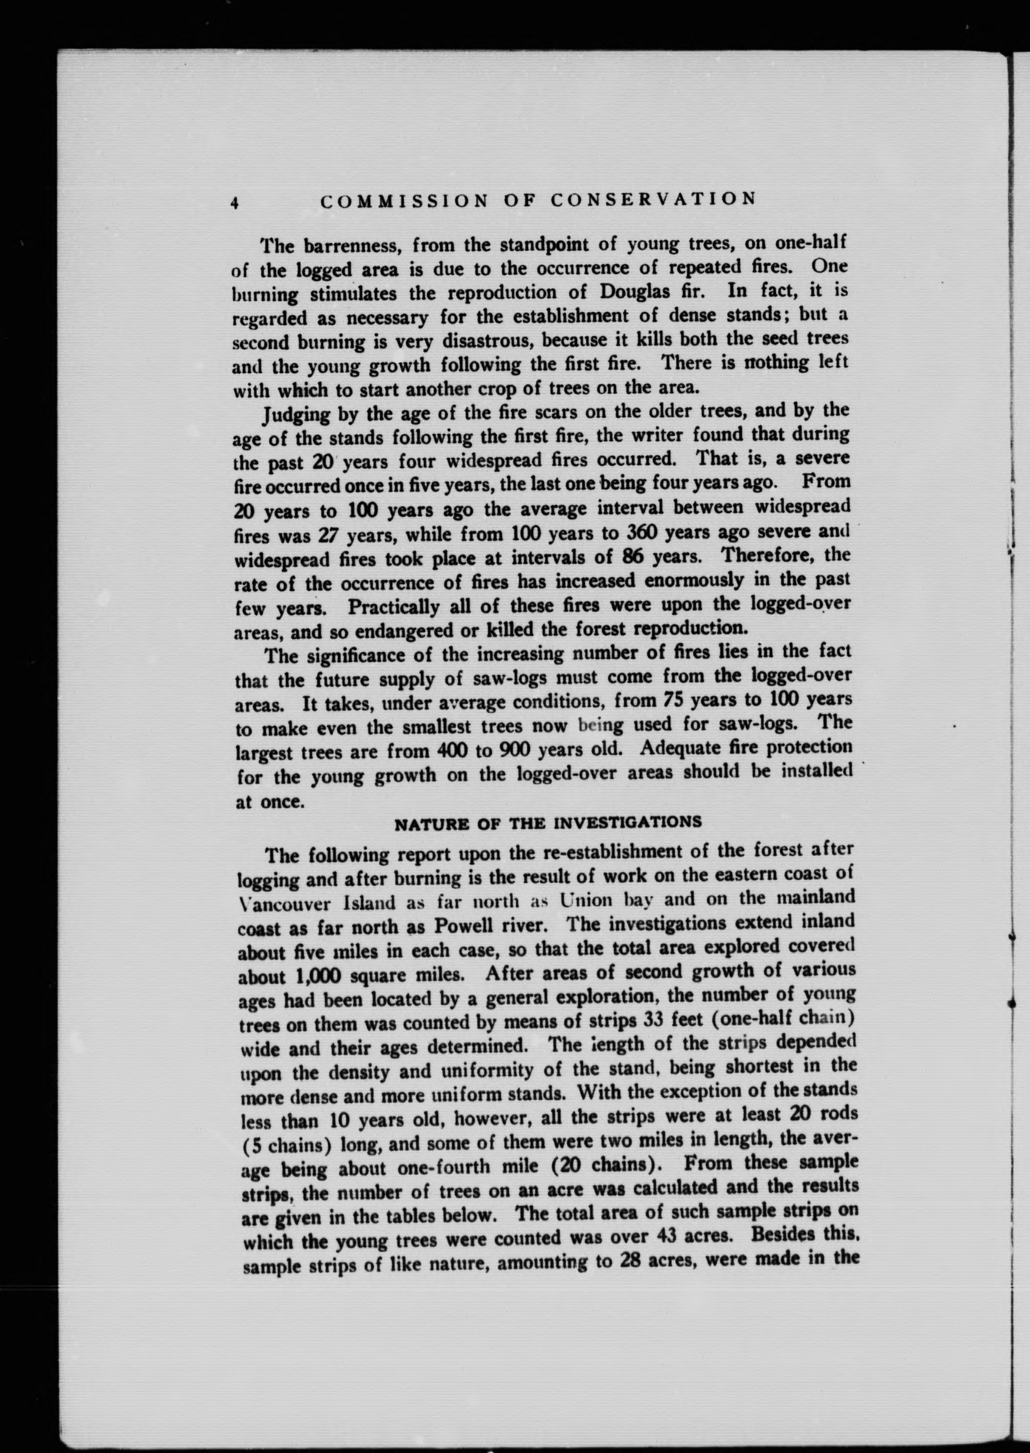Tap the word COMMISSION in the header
click(404, 202)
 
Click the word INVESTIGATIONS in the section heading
click(628, 823)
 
